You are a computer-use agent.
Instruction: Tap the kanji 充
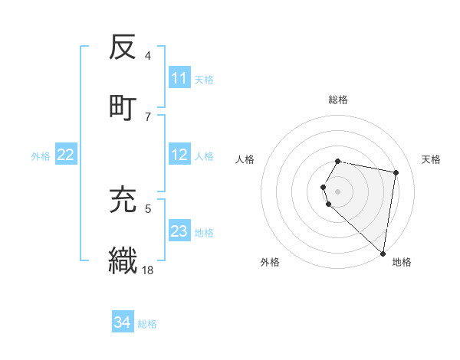click(x=123, y=199)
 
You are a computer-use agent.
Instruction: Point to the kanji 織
click(x=123, y=259)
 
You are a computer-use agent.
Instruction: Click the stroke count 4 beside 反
click(x=148, y=57)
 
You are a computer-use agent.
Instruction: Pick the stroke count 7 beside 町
click(x=148, y=116)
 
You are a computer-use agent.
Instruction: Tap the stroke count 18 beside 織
click(x=149, y=270)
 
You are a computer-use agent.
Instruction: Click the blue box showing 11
click(x=179, y=78)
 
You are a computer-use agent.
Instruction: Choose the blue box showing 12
click(x=179, y=155)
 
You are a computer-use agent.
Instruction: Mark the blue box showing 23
click(x=179, y=231)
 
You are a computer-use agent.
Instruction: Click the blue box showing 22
click(x=66, y=155)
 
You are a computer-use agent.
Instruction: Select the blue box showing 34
click(x=123, y=323)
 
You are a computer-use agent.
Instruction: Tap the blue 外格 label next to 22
click(x=41, y=156)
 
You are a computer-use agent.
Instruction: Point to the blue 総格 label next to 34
click(x=147, y=324)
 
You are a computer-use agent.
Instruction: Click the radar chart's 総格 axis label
click(x=338, y=100)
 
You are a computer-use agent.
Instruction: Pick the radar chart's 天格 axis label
click(x=431, y=159)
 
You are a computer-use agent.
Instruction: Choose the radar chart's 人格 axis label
click(x=245, y=159)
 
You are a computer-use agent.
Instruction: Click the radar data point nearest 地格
click(x=383, y=252)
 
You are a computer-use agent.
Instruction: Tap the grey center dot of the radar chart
click(x=338, y=190)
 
